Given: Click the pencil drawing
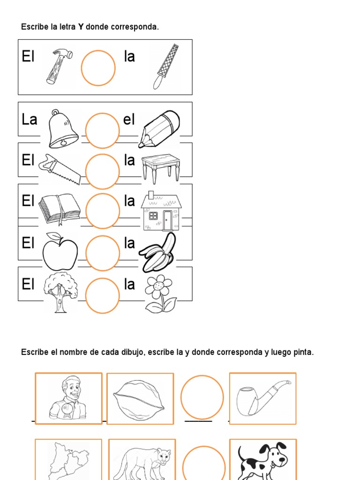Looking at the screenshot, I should pos(159,128).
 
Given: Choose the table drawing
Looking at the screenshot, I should pos(161,167).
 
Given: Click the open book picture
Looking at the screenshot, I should pos(60,209).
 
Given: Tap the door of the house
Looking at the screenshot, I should pos(167,220).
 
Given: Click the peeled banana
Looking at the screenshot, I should pos(158,254).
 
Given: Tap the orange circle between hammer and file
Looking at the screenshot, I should pos(98,68).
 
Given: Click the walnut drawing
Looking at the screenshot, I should pos(140,399).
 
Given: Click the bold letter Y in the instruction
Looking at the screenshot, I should pos(81,27).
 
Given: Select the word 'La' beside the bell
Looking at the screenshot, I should pos(29,120).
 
